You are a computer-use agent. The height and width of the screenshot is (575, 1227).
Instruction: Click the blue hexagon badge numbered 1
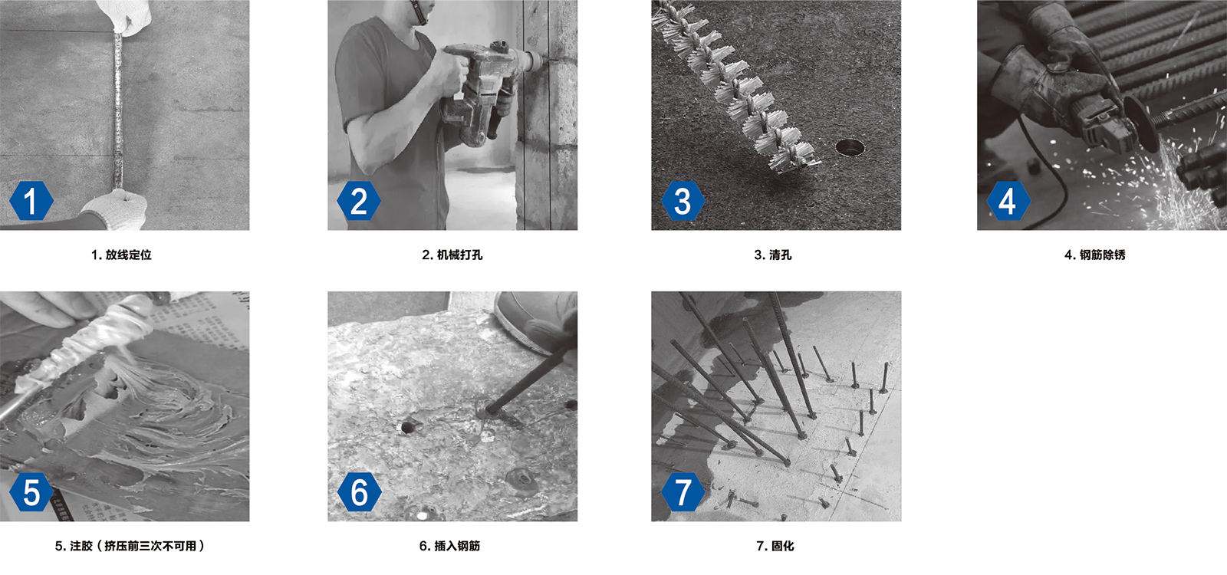[31, 201]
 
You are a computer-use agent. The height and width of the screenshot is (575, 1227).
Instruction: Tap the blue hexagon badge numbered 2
[359, 201]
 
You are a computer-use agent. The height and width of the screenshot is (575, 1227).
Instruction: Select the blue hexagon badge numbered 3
[683, 201]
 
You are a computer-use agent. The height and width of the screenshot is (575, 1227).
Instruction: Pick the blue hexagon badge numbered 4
[1008, 201]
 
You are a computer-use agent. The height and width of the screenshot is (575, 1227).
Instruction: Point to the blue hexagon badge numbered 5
[31, 491]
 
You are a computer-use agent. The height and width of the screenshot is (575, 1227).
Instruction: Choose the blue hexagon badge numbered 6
[359, 491]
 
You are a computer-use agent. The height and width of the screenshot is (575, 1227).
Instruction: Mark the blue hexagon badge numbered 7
[683, 491]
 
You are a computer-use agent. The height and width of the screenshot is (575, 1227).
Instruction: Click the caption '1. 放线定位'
[121, 255]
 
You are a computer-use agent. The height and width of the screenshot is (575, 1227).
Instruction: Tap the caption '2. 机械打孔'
[452, 255]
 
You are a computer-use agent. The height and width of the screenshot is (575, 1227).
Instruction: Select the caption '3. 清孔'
[772, 255]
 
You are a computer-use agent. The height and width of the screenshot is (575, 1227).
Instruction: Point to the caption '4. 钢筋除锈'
[1094, 255]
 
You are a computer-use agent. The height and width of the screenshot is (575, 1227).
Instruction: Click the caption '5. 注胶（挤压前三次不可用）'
[130, 546]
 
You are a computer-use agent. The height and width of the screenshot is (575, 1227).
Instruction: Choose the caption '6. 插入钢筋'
[449, 546]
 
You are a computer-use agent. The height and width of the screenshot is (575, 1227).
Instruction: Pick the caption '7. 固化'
[775, 546]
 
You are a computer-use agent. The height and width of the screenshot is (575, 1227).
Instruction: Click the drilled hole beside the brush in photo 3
[850, 146]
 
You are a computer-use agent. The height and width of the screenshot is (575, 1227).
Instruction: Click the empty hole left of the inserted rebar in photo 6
[407, 426]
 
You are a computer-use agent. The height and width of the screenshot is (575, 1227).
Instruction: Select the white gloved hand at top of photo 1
[125, 16]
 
